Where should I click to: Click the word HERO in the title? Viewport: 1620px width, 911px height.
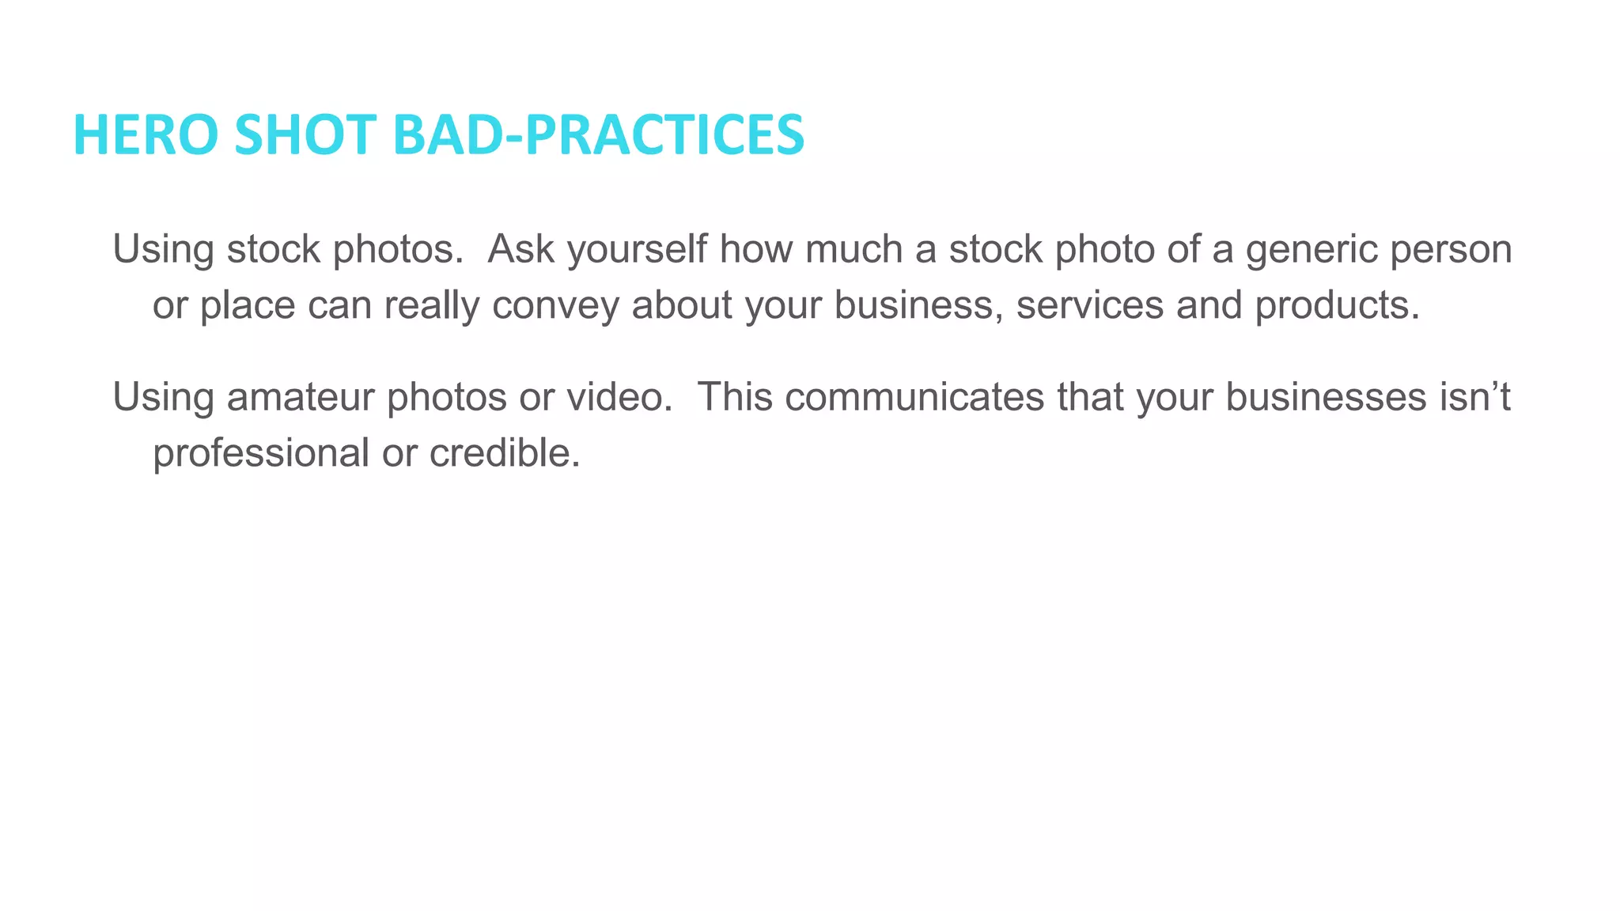pyautogui.click(x=145, y=134)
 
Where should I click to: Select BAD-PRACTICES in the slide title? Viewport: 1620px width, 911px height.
pyautogui.click(x=598, y=134)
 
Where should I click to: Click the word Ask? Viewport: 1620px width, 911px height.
pyautogui.click(x=520, y=249)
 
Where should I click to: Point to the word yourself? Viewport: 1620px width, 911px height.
pyautogui.click(x=637, y=249)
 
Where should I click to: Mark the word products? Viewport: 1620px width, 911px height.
pyautogui.click(x=1337, y=306)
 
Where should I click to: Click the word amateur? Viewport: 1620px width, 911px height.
pyautogui.click(x=301, y=397)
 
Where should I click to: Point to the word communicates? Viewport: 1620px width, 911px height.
pyautogui.click(x=914, y=397)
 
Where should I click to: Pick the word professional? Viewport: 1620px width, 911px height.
pyautogui.click(x=261, y=454)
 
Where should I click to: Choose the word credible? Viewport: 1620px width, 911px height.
pyautogui.click(x=505, y=453)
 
